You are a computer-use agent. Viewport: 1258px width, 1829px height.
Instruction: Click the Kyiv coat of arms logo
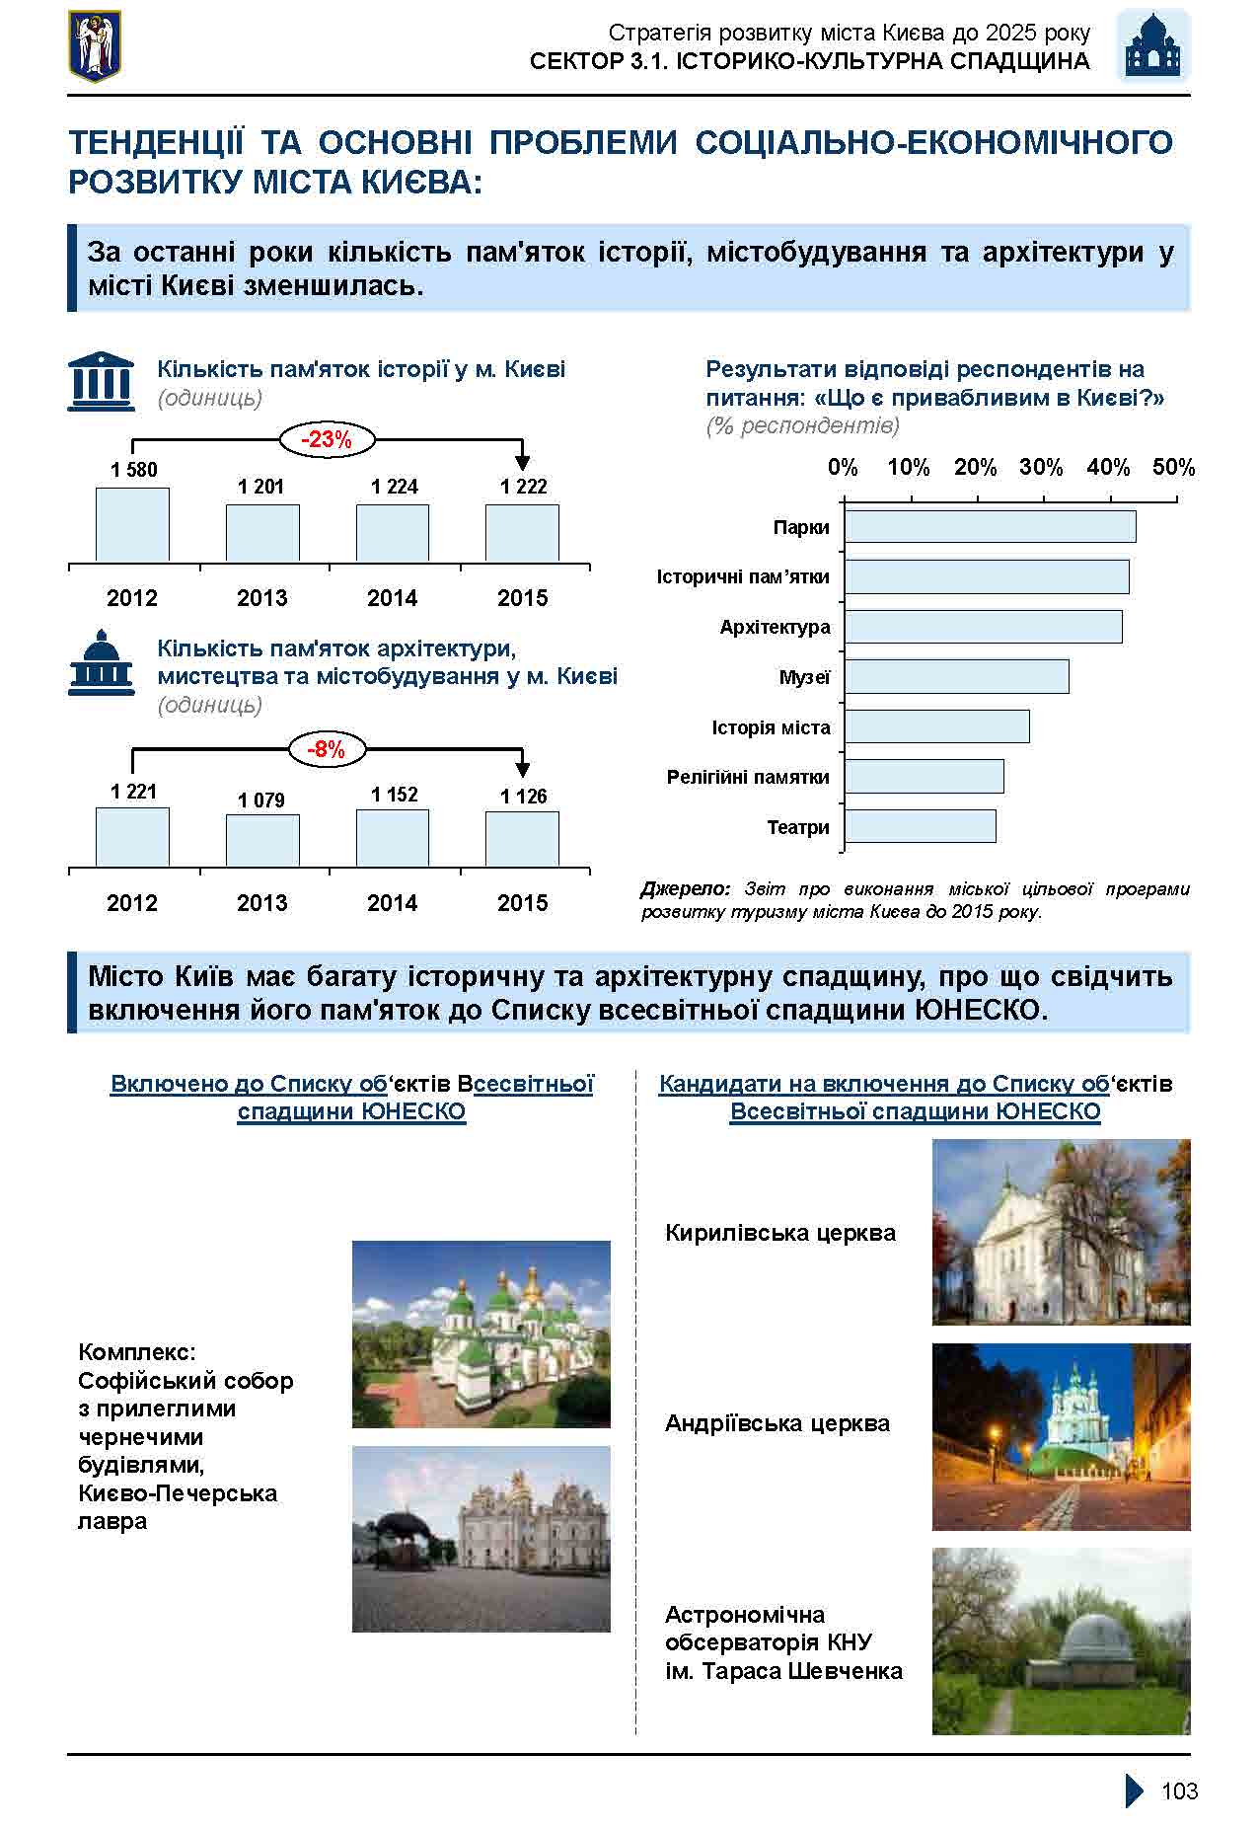95,46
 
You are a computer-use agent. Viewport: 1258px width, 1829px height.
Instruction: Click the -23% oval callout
327,440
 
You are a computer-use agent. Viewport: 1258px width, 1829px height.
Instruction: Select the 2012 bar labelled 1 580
132,524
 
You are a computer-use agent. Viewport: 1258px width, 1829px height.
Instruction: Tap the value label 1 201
260,487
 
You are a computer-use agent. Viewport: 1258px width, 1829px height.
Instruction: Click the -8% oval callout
327,750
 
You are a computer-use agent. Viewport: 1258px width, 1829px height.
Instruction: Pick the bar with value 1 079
262,840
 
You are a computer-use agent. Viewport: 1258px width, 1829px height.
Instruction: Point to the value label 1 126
523,797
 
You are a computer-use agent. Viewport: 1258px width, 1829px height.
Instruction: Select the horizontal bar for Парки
990,526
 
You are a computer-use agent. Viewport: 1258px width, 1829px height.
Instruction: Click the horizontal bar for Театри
920,827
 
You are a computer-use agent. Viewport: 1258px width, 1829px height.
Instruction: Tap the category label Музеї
804,677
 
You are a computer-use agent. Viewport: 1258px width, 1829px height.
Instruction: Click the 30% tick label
1041,468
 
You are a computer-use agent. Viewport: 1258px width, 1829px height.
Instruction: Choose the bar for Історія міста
936,726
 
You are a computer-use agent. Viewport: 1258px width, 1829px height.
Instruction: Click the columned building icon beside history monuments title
101,382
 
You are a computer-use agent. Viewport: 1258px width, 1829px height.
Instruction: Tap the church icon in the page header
1152,46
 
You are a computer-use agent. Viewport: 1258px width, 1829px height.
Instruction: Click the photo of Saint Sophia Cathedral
481,1334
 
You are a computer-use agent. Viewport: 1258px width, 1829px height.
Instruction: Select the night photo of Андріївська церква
1061,1436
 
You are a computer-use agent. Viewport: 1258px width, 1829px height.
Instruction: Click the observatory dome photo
1061,1640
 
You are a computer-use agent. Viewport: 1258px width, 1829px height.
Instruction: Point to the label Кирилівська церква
779,1233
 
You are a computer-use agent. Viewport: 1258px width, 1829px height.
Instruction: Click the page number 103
1179,1791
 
